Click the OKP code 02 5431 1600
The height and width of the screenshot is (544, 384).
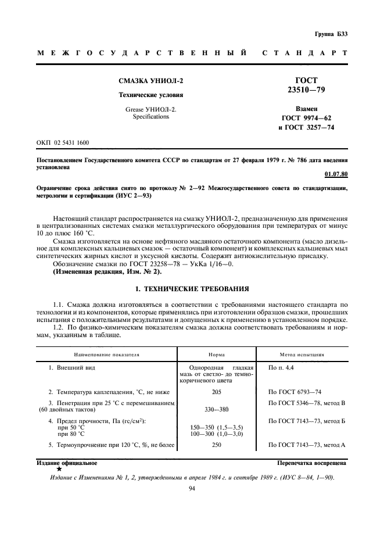[x=63, y=142]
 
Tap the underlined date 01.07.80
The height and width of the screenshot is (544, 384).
[x=336, y=174]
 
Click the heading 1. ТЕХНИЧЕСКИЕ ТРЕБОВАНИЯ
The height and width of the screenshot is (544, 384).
[x=192, y=288]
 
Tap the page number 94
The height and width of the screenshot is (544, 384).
[x=192, y=489]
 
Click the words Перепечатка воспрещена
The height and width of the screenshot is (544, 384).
[x=313, y=463]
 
